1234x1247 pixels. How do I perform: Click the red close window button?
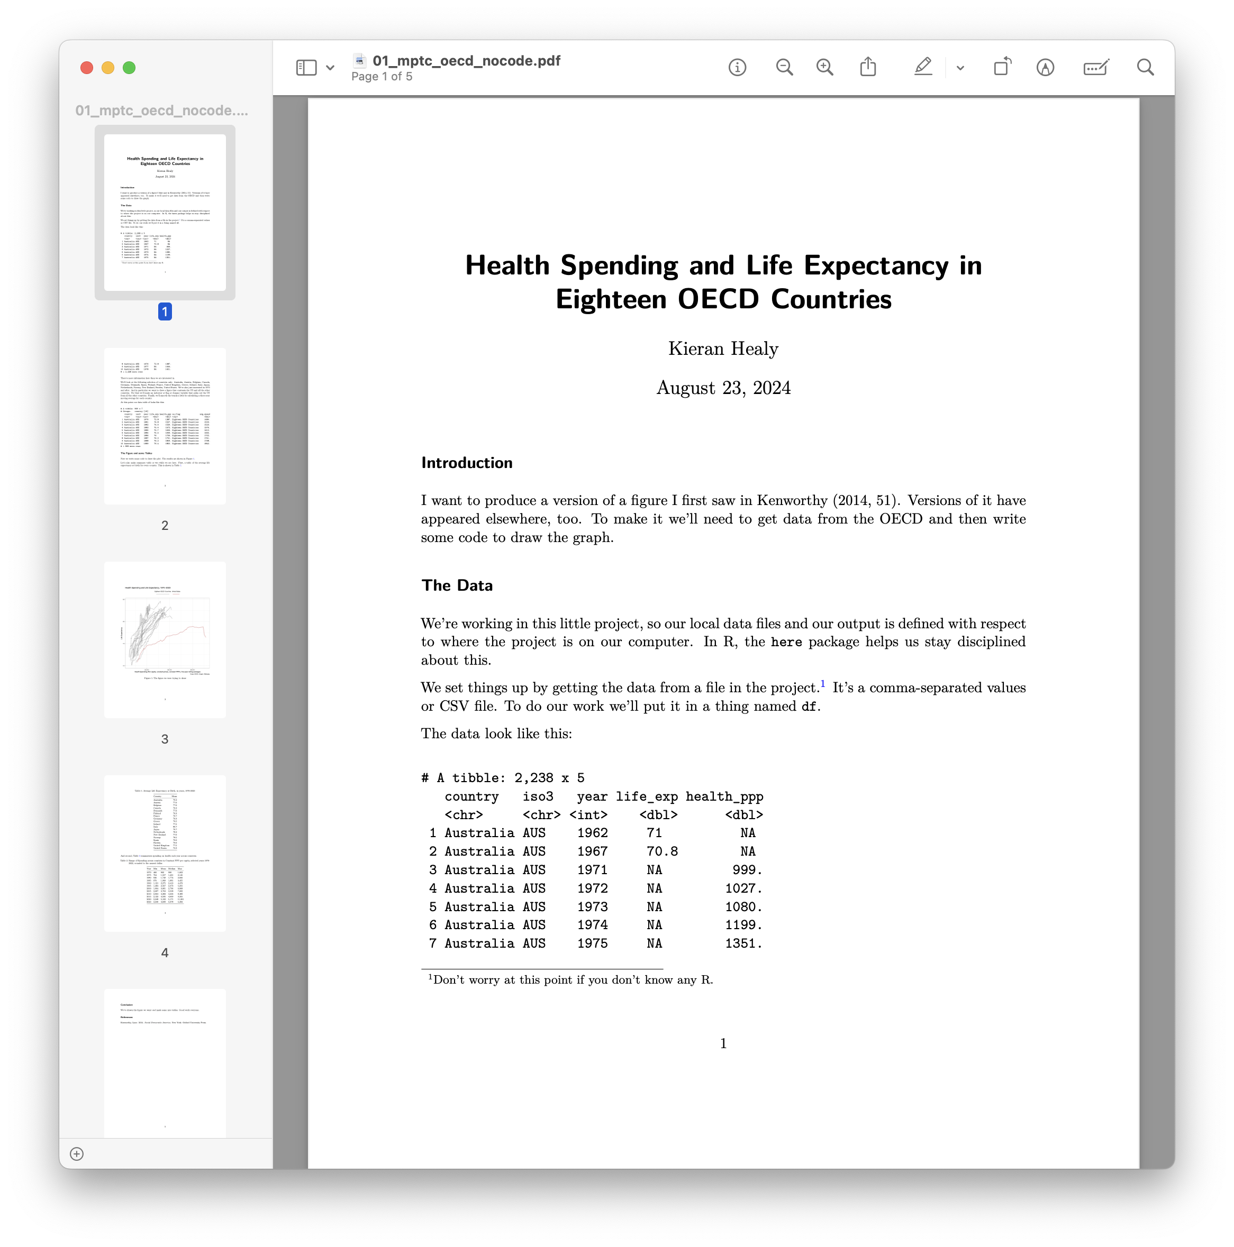tap(87, 68)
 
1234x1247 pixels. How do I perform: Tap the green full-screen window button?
tap(129, 68)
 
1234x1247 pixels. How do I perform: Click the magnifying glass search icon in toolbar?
tap(1145, 67)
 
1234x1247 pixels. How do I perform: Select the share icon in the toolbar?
tap(868, 67)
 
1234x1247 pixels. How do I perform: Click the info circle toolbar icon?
tap(737, 67)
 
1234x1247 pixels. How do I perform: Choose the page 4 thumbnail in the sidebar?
tap(165, 852)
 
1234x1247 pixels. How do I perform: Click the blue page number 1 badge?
tap(165, 312)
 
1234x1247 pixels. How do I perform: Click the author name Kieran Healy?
tap(723, 349)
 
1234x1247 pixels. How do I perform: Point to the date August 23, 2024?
tap(723, 388)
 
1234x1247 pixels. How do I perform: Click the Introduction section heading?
tap(466, 463)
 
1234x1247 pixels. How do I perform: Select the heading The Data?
tap(457, 585)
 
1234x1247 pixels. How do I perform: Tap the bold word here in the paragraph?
tap(786, 642)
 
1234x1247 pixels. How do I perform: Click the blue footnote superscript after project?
tap(823, 684)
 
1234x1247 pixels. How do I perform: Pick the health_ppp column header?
tap(724, 796)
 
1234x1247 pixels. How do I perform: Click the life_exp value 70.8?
tap(662, 851)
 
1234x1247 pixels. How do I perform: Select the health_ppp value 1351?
tap(743, 943)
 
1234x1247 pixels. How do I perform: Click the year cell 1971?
tap(592, 870)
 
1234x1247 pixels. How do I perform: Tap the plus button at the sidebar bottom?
tap(77, 1154)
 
